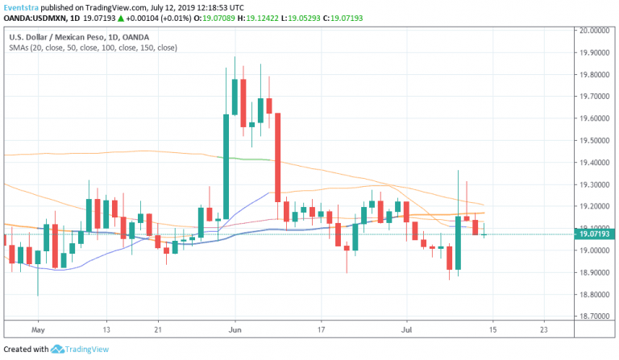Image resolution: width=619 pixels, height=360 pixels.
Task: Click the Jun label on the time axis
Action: point(235,329)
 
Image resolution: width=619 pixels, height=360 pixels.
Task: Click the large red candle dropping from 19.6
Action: point(277,157)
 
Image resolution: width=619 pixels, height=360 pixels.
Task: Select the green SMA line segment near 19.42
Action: point(250,159)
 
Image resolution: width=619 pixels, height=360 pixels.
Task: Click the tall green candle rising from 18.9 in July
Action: point(458,242)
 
